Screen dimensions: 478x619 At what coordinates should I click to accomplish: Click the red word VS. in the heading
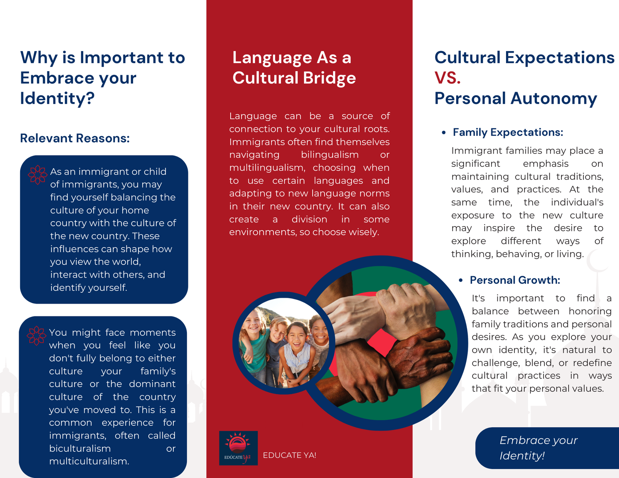(x=448, y=78)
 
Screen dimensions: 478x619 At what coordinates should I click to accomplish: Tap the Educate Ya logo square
(x=238, y=448)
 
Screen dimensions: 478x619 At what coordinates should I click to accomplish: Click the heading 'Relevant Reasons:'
(x=75, y=138)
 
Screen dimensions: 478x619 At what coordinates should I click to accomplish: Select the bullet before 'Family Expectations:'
(x=444, y=133)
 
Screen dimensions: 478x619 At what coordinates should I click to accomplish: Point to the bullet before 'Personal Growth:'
(x=460, y=280)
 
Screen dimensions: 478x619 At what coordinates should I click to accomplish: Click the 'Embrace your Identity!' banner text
(x=538, y=448)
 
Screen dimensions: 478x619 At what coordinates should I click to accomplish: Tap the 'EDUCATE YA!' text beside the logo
(x=289, y=455)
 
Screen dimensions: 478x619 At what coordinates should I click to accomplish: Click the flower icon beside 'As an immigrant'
(x=38, y=174)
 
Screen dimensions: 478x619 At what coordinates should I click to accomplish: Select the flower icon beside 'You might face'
(x=36, y=335)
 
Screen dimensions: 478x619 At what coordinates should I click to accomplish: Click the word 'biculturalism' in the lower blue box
(x=80, y=449)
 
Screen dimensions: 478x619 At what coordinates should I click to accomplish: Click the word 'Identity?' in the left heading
(x=57, y=98)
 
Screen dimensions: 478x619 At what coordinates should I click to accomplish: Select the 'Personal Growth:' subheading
(x=515, y=280)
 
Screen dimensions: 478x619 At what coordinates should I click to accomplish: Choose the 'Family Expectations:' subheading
(x=508, y=133)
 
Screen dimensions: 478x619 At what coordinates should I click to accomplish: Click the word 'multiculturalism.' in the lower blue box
(x=89, y=461)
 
